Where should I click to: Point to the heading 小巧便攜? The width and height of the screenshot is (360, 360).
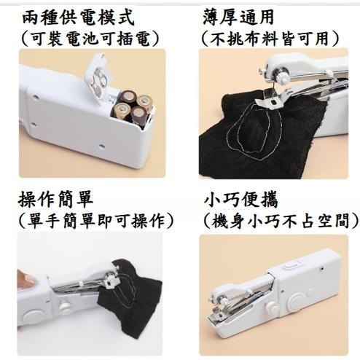(x=240, y=198)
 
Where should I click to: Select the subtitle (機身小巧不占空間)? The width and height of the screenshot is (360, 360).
(x=280, y=219)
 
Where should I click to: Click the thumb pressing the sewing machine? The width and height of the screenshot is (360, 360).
(x=25, y=278)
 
